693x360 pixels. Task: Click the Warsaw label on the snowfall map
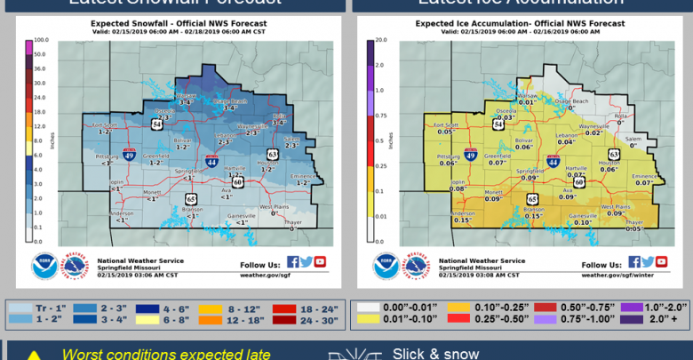point(187,95)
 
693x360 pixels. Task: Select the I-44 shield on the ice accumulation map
point(554,163)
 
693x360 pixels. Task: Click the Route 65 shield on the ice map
point(532,199)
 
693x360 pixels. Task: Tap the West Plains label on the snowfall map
point(274,207)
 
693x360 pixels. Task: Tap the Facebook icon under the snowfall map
point(293,261)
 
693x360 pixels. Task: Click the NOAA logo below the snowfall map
point(44,267)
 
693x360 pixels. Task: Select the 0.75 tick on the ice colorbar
point(379,116)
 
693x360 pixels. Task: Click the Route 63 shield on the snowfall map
point(273,155)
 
